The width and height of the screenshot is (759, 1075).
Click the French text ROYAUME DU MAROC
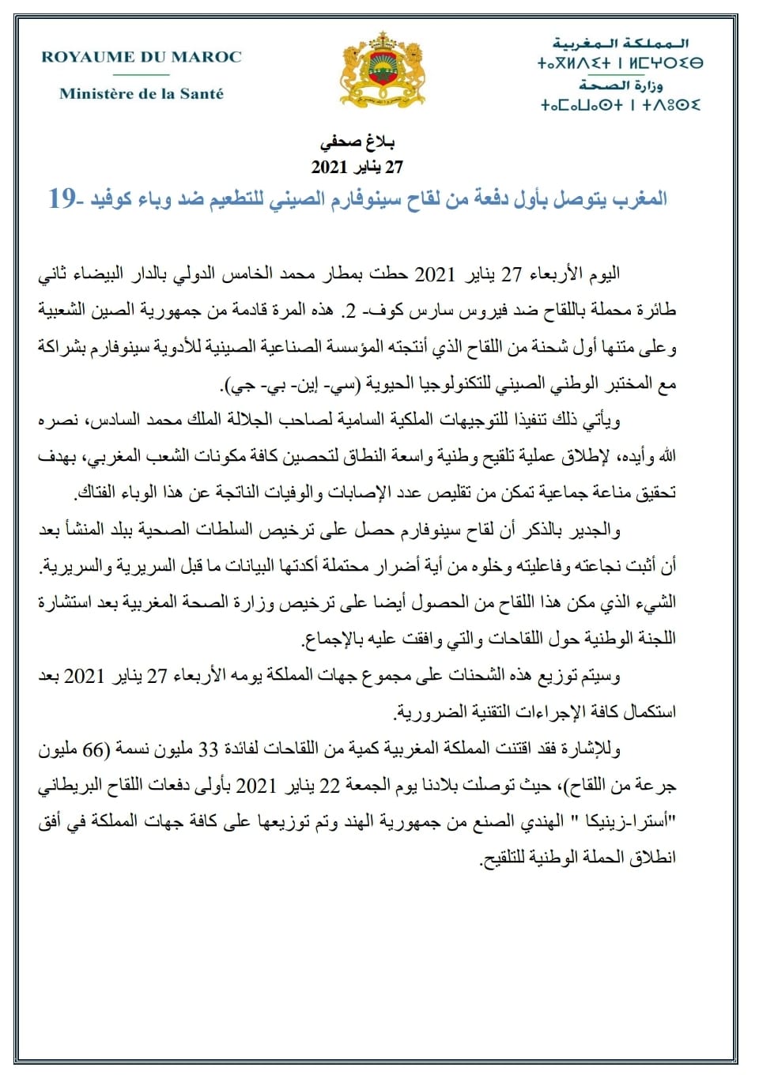pyautogui.click(x=142, y=57)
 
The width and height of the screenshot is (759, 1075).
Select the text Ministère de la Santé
pyautogui.click(x=142, y=93)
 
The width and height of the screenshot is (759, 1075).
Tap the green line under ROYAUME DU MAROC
pyautogui.click(x=142, y=75)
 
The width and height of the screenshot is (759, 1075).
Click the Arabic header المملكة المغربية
pyautogui.click(x=621, y=43)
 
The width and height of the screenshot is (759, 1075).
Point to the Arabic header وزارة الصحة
pyautogui.click(x=621, y=85)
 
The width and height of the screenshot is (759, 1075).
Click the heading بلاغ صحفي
pyautogui.click(x=357, y=142)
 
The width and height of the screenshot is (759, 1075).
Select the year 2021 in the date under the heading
pyautogui.click(x=330, y=167)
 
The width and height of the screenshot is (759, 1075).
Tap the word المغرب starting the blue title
pyautogui.click(x=637, y=198)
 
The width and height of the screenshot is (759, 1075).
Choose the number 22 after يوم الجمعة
pyautogui.click(x=330, y=785)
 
